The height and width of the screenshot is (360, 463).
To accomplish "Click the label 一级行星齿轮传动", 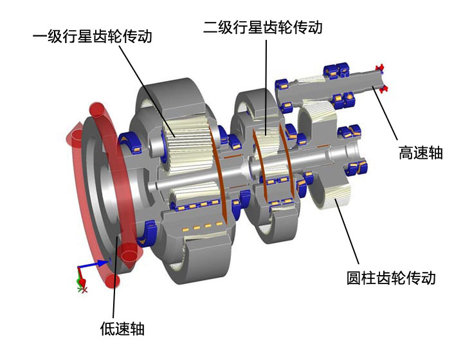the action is tap(93, 36).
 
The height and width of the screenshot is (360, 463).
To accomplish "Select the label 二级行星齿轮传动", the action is tap(263, 27).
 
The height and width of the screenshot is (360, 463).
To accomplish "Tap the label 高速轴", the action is tap(421, 153).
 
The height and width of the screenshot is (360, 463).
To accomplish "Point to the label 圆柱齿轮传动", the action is tap(391, 278).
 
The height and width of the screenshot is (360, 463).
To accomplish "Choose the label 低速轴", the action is tap(122, 328).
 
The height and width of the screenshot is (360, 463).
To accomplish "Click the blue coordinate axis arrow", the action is tap(94, 265).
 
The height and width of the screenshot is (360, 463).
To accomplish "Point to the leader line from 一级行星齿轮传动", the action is tap(147, 91).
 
